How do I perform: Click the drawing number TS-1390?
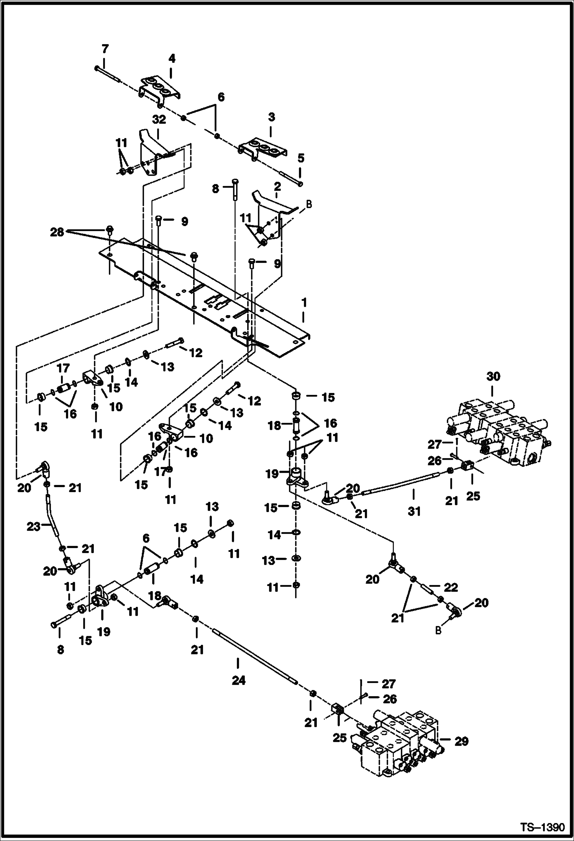tap(542, 826)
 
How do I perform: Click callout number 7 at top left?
tap(105, 49)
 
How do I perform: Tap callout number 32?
tap(159, 120)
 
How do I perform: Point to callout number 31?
tap(414, 511)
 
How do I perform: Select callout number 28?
tap(57, 232)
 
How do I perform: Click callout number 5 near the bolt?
tap(301, 158)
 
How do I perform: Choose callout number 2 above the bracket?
tap(277, 187)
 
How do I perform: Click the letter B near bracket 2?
tap(309, 204)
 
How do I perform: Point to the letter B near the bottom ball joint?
tap(438, 631)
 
